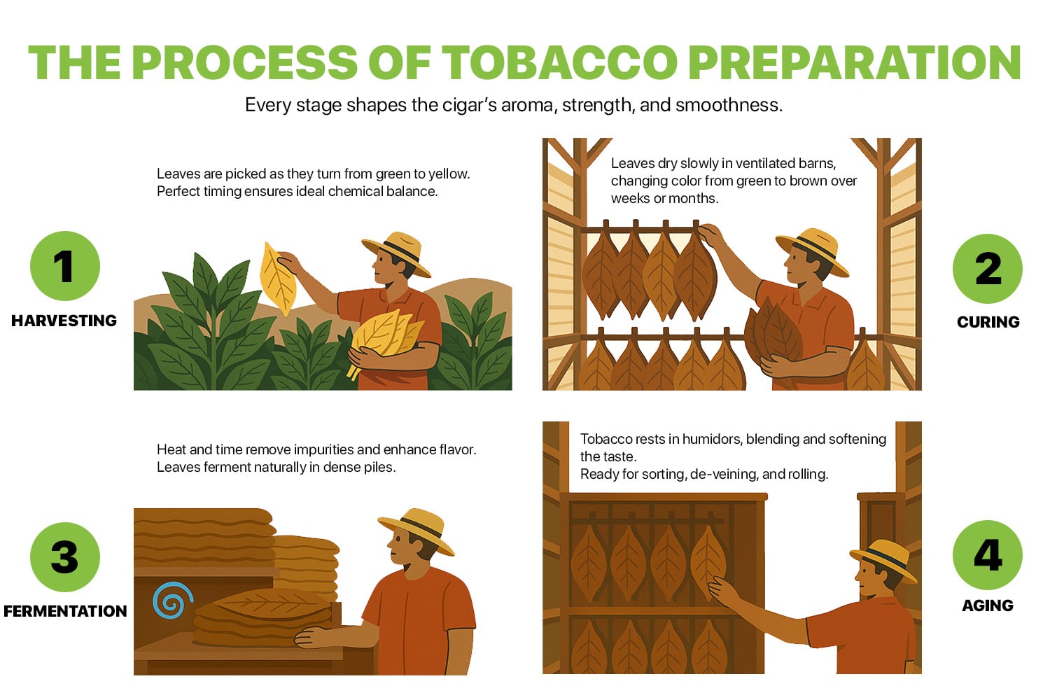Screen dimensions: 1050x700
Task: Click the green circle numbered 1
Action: (x=65, y=266)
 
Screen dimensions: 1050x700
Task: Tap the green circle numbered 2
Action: (x=988, y=268)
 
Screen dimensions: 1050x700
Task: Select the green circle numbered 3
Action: (x=65, y=557)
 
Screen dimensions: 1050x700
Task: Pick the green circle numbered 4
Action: (x=988, y=555)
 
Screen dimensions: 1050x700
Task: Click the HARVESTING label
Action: (x=64, y=321)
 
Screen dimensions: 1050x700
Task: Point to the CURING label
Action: (x=988, y=322)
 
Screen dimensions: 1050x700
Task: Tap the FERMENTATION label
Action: (x=65, y=611)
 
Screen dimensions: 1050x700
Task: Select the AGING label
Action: (x=988, y=605)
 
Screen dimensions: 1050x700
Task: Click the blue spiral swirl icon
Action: (x=173, y=601)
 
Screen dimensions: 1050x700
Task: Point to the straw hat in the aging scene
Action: (x=883, y=560)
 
